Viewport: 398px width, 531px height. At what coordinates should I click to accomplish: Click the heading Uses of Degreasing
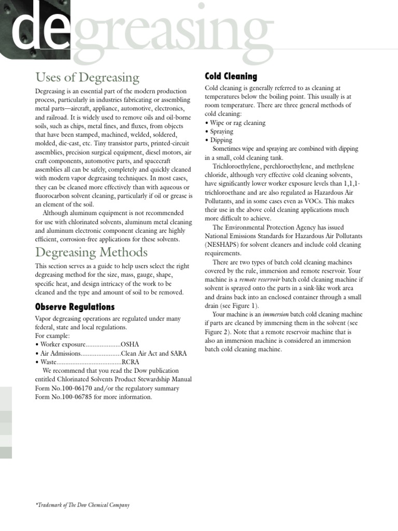tap(87, 78)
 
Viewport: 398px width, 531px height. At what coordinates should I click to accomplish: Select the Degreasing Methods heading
tap(91, 253)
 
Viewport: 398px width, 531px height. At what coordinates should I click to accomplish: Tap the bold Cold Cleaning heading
tap(231, 76)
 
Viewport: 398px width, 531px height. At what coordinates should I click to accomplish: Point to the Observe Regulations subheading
tap(75, 306)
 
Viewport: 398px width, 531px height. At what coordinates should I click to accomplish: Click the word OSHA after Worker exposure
tap(130, 344)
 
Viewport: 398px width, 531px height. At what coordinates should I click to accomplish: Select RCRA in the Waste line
tap(131, 362)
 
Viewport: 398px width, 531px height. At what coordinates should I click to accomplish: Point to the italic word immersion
tap(273, 315)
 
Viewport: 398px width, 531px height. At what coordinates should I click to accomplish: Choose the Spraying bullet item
tap(221, 132)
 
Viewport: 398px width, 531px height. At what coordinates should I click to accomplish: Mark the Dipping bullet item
tap(221, 140)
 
